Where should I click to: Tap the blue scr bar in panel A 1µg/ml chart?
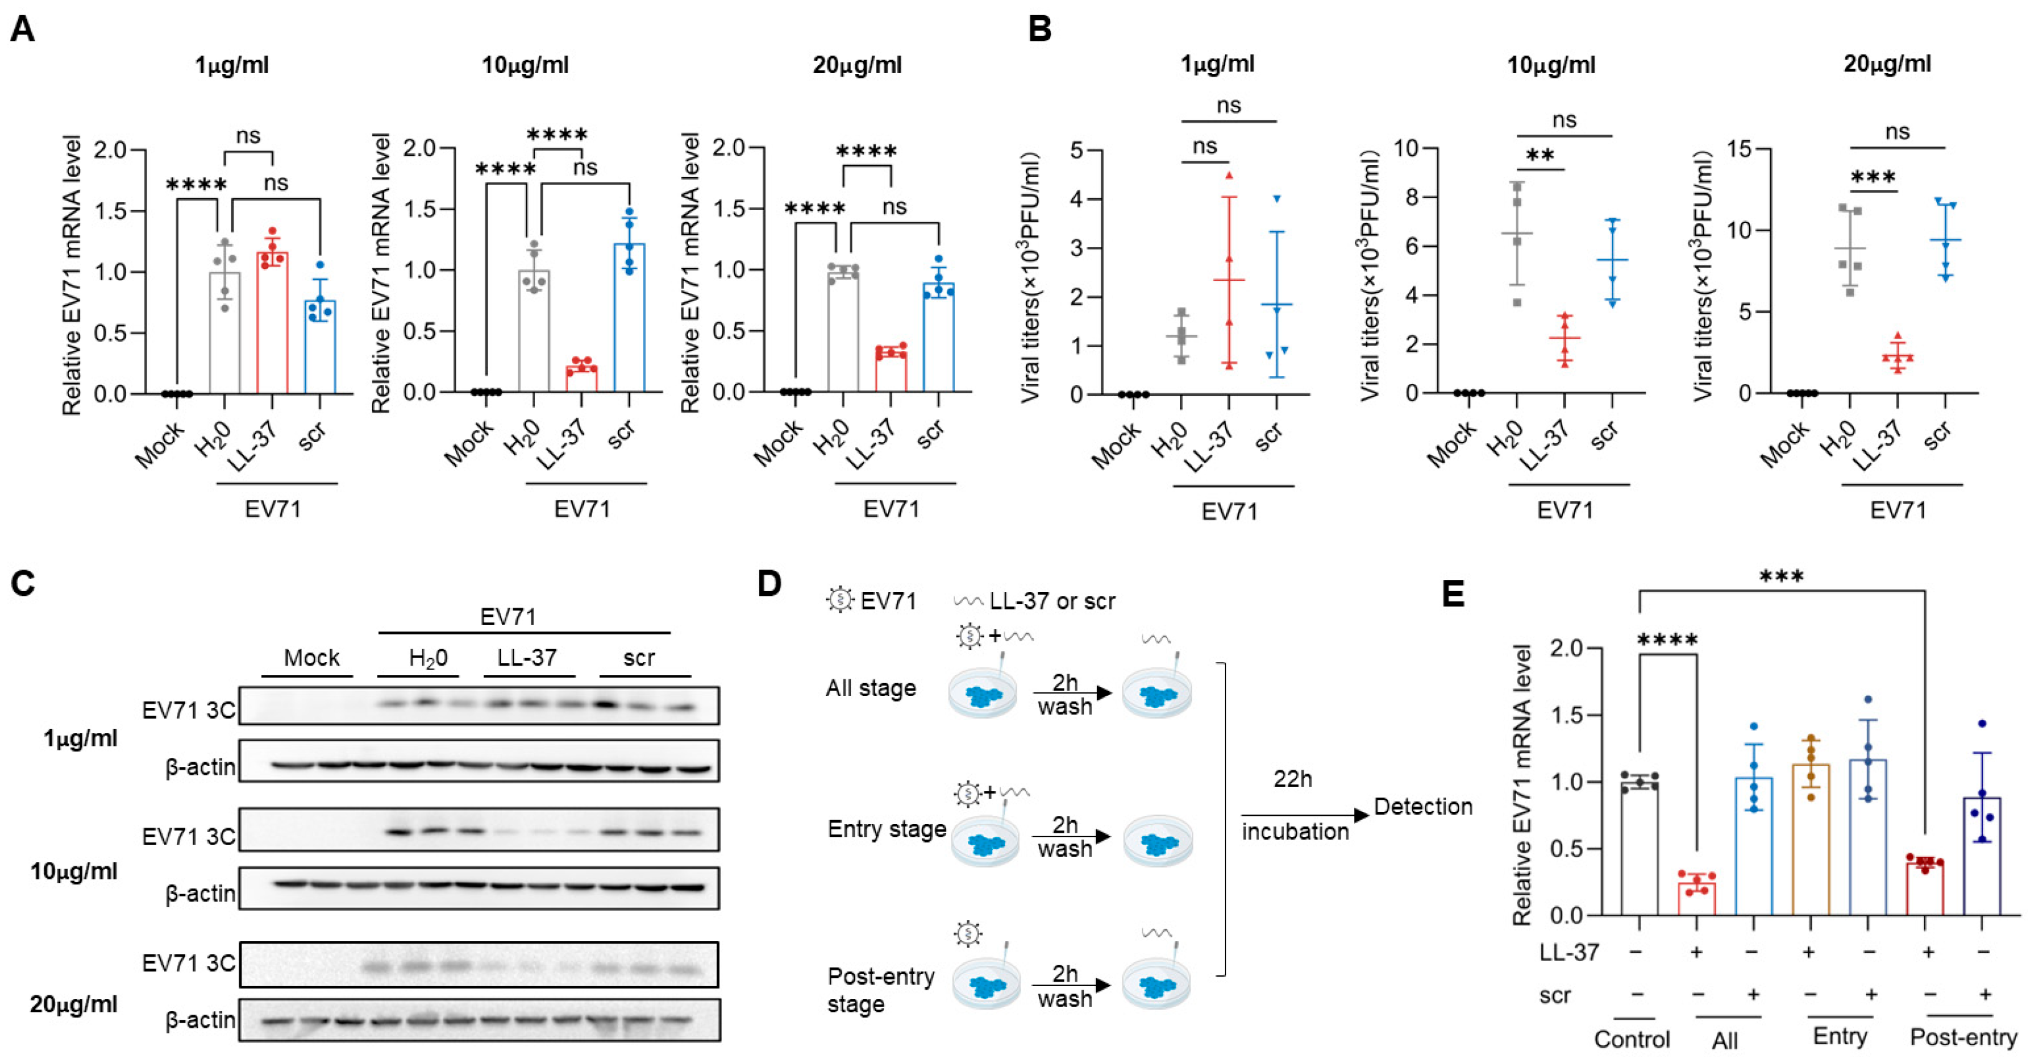click(320, 347)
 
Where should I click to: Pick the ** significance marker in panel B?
click(1540, 156)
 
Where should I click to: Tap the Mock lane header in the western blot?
click(312, 658)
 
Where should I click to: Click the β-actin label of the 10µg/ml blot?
click(200, 894)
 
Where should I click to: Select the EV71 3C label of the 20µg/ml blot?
click(188, 963)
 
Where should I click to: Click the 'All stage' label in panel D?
click(871, 689)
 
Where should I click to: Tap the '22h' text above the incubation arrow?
click(1293, 778)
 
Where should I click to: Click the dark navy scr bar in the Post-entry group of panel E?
click(1983, 856)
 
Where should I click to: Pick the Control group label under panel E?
click(1632, 1039)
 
